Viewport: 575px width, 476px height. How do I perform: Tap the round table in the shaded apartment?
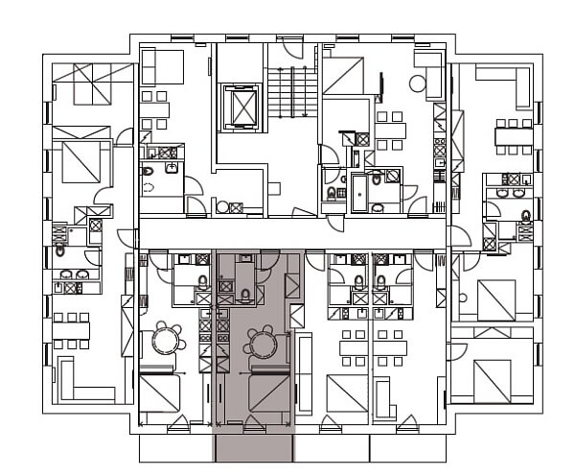(262, 342)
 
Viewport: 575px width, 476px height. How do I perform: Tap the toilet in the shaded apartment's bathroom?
(245, 294)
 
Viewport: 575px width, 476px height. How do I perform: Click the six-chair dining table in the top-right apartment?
(514, 135)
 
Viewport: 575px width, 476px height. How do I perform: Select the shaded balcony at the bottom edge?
(253, 446)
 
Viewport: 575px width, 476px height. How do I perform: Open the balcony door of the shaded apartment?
(254, 423)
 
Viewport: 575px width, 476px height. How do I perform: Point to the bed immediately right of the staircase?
(343, 75)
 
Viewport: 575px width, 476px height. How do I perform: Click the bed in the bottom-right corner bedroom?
(496, 380)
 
